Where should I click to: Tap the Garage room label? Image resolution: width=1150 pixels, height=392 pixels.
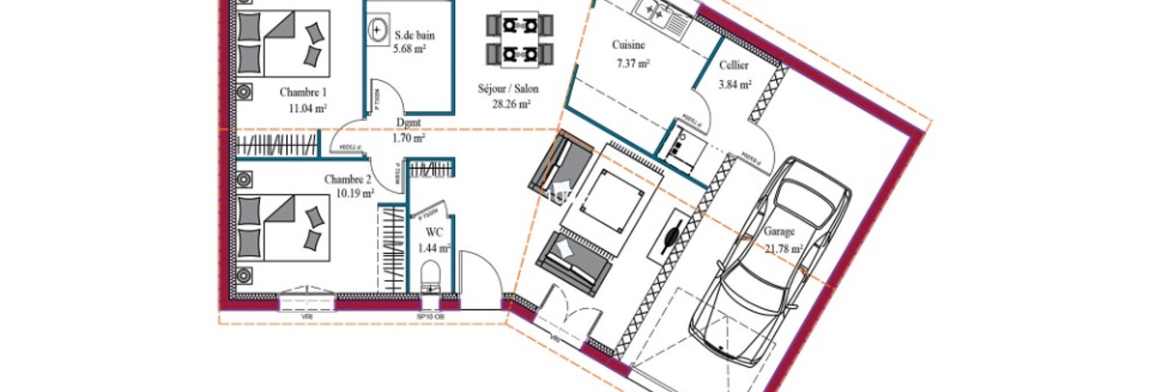(x=779, y=231)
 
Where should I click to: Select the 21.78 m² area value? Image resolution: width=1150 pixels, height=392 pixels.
(x=783, y=248)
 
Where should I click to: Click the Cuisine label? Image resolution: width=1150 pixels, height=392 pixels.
(x=629, y=45)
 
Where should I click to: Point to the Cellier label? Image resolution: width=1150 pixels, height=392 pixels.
(x=734, y=66)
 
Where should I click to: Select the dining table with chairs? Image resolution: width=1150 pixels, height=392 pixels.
(x=519, y=38)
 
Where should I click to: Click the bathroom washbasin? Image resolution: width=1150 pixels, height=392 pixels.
(x=378, y=31)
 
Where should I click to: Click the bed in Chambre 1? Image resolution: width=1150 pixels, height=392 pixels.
(x=281, y=44)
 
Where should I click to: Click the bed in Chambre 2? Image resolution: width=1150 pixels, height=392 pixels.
(x=281, y=227)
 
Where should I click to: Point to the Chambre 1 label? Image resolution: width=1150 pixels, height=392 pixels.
(x=304, y=93)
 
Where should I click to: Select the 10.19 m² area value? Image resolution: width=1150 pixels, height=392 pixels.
(x=355, y=194)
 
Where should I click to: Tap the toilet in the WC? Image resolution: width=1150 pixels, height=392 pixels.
(x=431, y=276)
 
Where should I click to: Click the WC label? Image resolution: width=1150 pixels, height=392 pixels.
(x=435, y=232)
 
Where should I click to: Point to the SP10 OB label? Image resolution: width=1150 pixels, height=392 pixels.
(x=430, y=316)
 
